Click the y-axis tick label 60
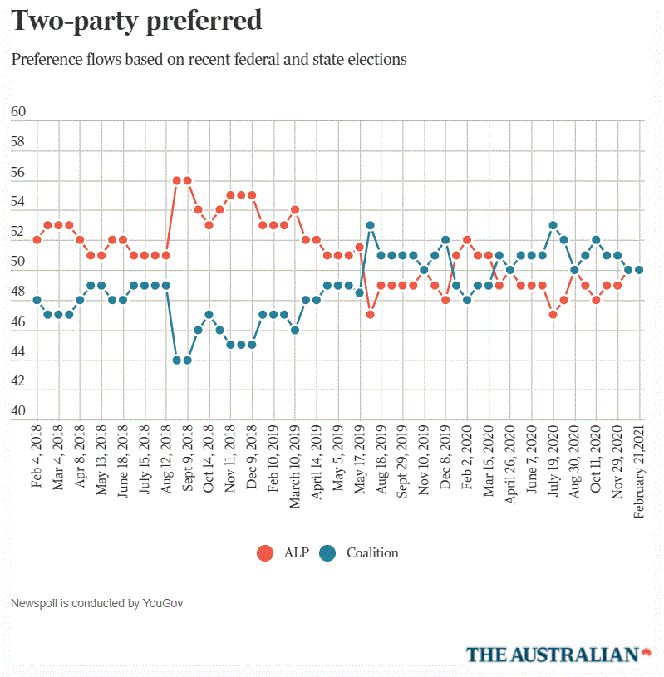[18, 112]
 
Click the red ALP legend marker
[266, 553]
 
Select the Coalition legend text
[372, 553]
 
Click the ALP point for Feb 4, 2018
[37, 240]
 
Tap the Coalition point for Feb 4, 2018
[37, 300]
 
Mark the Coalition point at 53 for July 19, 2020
[553, 225]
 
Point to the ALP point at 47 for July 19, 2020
[553, 315]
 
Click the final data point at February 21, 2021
[640, 270]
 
